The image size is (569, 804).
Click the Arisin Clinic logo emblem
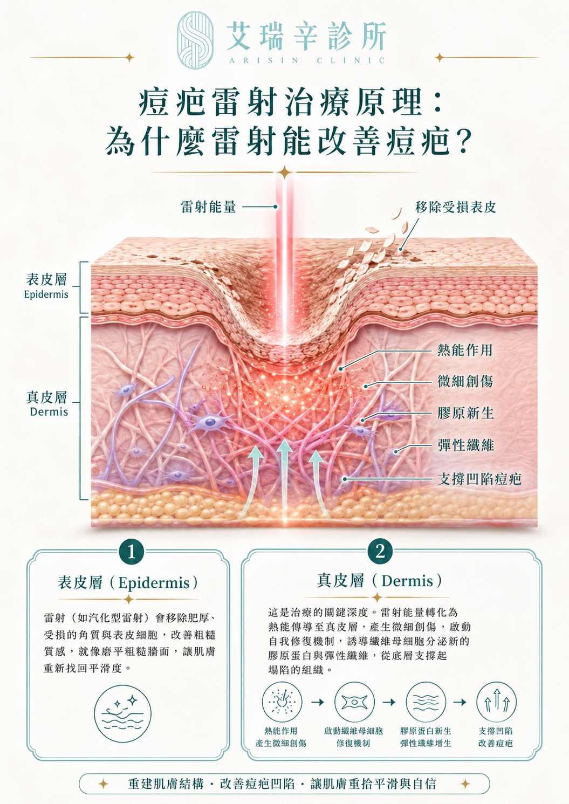(196, 39)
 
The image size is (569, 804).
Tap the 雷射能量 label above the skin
(208, 207)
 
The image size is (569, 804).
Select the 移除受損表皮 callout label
(456, 207)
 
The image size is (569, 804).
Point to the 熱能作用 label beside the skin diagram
(465, 350)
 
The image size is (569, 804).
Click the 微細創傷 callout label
(465, 381)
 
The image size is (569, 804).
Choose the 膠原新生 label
(465, 413)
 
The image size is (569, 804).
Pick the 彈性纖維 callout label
(465, 445)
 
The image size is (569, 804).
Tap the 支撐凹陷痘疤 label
(479, 479)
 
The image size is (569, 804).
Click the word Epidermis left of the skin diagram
(46, 294)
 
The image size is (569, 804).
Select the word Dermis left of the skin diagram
(49, 411)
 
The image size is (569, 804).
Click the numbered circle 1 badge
(132, 552)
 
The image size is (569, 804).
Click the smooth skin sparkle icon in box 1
(123, 713)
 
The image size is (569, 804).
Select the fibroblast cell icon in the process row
(354, 702)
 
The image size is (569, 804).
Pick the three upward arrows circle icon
(497, 702)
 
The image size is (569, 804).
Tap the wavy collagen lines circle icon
(426, 702)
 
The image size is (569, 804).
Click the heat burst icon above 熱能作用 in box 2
(282, 702)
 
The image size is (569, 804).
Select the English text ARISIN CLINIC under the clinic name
(307, 60)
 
